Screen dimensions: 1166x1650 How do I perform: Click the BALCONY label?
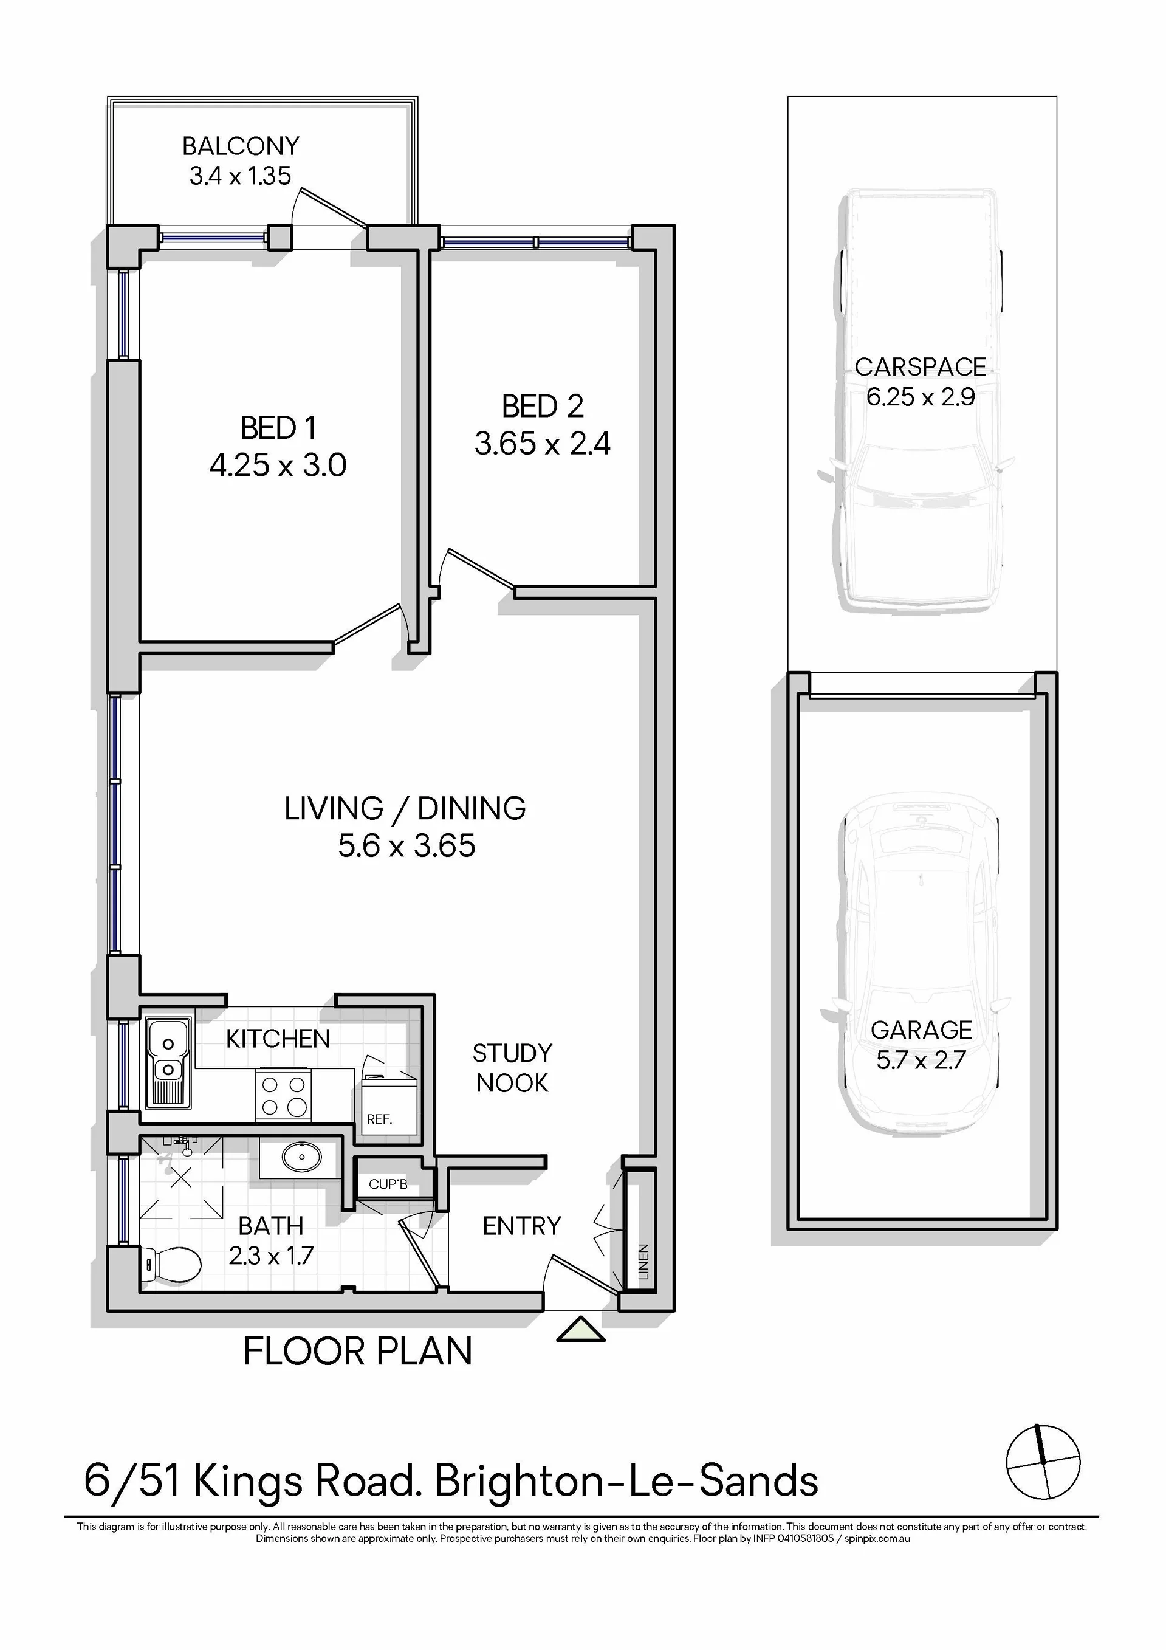(x=241, y=146)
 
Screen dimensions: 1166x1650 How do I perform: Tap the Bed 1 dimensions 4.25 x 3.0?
(x=278, y=465)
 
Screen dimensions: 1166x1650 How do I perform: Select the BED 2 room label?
(x=543, y=406)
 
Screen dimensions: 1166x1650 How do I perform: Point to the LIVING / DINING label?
(x=405, y=808)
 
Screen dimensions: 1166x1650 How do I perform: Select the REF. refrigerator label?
(x=379, y=1119)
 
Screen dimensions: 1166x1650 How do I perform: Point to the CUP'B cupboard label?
(x=388, y=1184)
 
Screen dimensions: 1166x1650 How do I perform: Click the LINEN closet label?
(x=643, y=1262)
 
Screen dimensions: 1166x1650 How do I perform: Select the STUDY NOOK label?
(x=512, y=1068)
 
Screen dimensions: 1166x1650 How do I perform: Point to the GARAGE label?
(x=921, y=1031)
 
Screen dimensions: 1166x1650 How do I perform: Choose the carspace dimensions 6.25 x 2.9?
(x=921, y=397)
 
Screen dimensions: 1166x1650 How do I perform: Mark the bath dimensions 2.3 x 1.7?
(x=271, y=1256)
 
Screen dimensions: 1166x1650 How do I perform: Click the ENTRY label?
(x=521, y=1226)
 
